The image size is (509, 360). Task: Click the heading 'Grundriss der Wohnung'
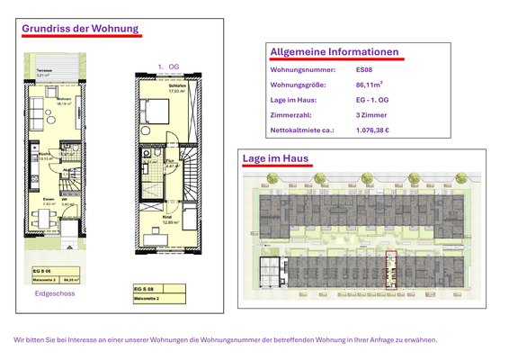pos(81,29)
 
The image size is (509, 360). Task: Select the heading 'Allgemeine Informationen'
pos(334,52)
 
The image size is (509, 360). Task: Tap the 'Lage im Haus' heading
pos(275,159)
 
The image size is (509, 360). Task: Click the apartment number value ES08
pos(364,69)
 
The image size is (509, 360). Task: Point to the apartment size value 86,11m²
pos(371,85)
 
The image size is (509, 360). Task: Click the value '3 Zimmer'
pos(371,114)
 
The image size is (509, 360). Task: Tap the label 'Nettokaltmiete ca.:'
pos(302,130)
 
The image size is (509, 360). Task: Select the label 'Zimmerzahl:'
pos(291,114)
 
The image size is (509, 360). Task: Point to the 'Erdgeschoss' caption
pos(54,293)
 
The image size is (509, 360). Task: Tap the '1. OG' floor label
pos(169,67)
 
